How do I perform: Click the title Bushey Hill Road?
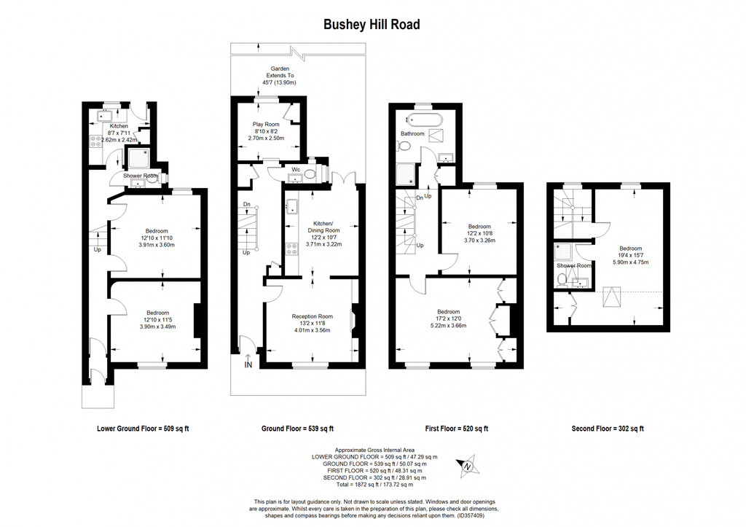(372, 24)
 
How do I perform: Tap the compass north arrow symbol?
(468, 466)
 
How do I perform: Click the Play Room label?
(266, 124)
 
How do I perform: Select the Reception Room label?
(312, 316)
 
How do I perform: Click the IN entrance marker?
(248, 364)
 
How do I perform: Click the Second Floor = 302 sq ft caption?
(608, 429)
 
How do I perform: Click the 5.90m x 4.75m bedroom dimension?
(630, 262)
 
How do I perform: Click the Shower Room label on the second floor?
(571, 266)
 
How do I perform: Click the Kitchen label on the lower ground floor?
(118, 126)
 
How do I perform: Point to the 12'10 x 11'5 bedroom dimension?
(157, 319)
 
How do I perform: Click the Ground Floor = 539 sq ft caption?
(297, 429)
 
